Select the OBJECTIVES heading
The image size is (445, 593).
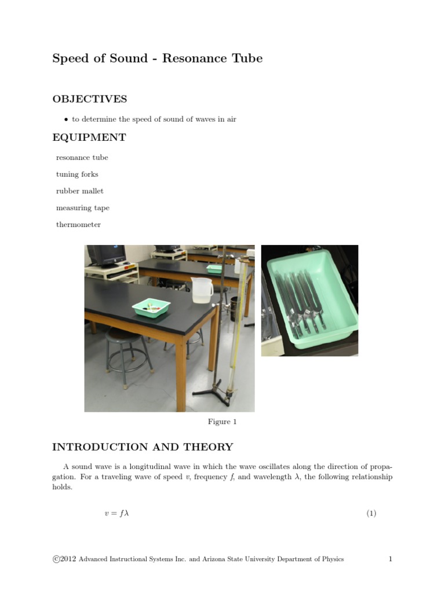pyautogui.click(x=89, y=99)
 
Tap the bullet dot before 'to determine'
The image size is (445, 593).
pyautogui.click(x=66, y=120)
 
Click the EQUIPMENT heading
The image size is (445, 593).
pyautogui.click(x=89, y=138)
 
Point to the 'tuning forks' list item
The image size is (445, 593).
pyautogui.click(x=77, y=174)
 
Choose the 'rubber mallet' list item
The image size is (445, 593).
pyautogui.click(x=79, y=191)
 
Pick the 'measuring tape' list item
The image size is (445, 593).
pyautogui.click(x=82, y=208)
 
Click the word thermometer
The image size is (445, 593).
pyautogui.click(x=78, y=225)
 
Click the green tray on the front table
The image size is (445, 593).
pyautogui.click(x=151, y=307)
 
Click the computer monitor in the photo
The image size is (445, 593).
pyautogui.click(x=106, y=255)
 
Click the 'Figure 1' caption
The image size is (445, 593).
pyautogui.click(x=222, y=422)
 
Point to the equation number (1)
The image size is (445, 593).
pyautogui.click(x=371, y=513)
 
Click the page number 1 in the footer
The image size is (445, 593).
pyautogui.click(x=391, y=559)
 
